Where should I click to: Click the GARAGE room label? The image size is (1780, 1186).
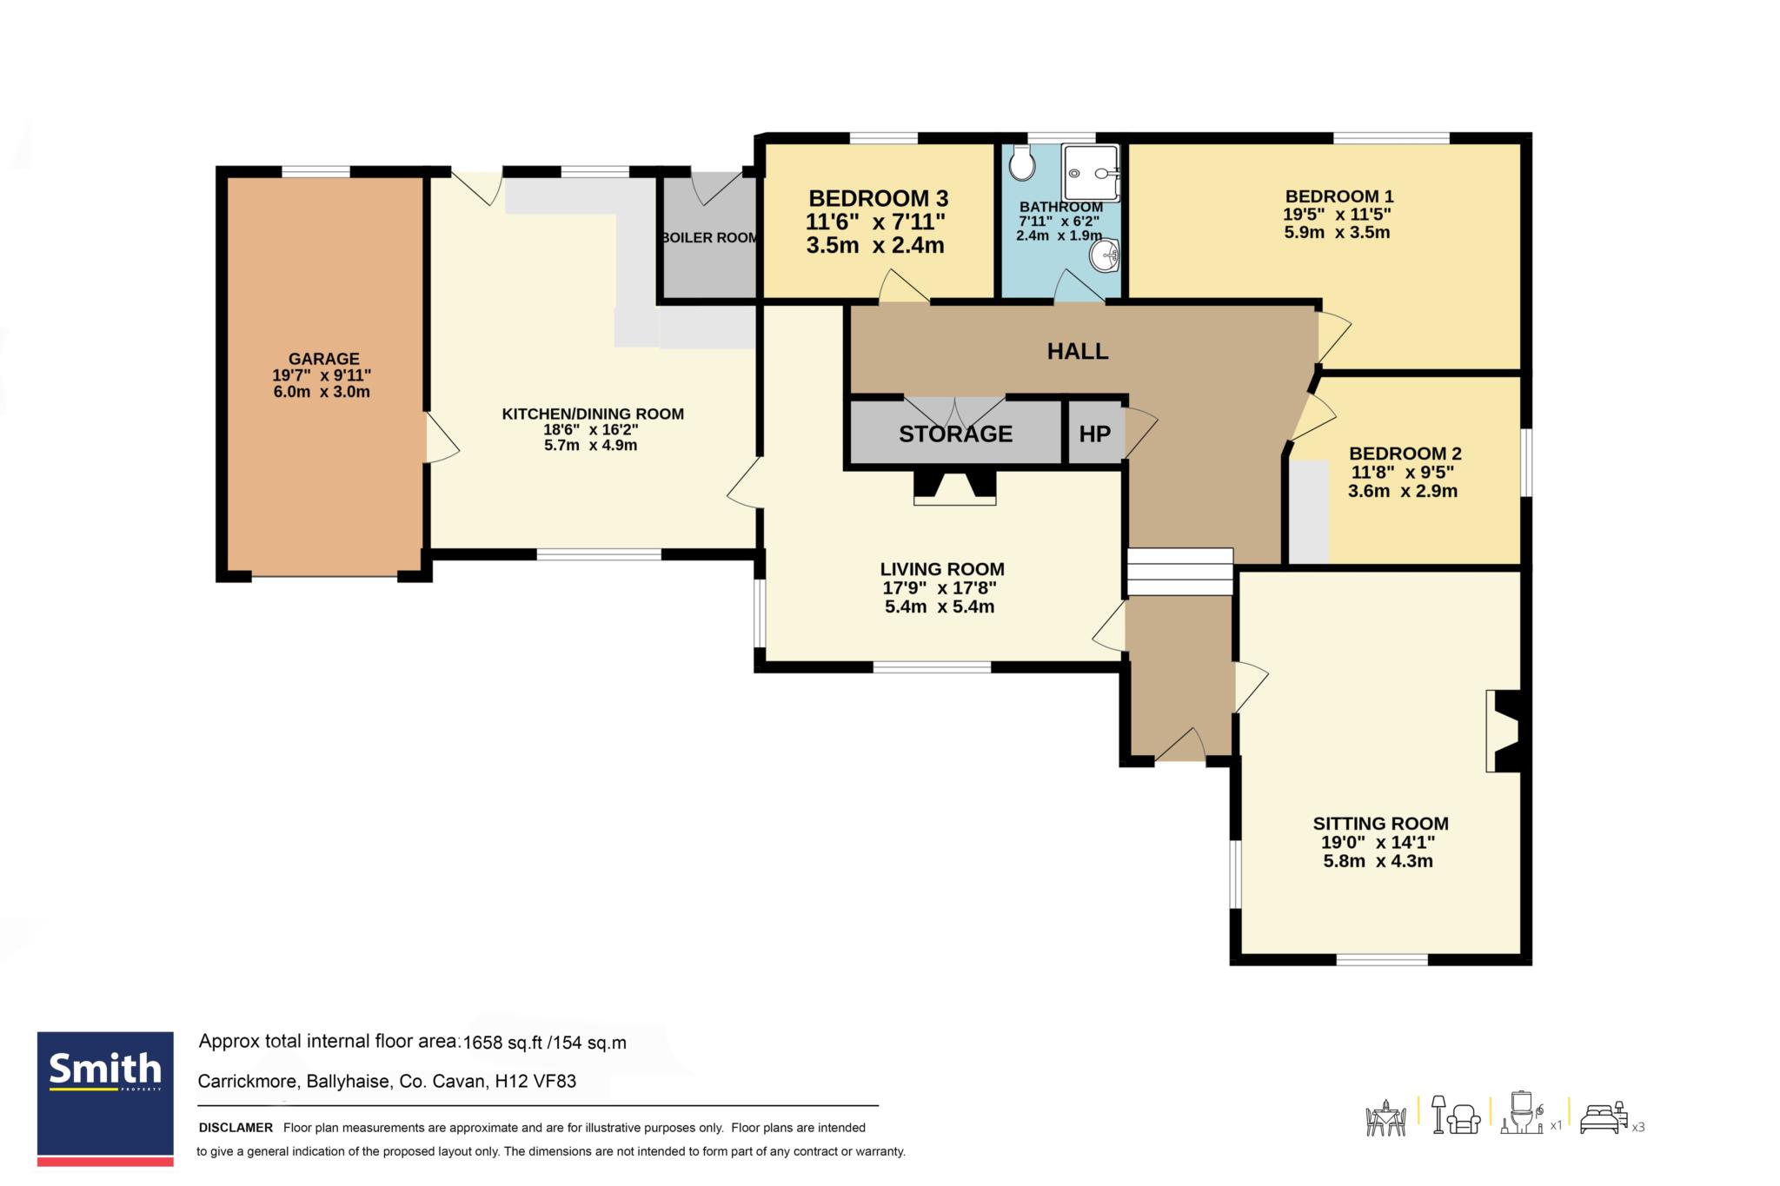coord(323,359)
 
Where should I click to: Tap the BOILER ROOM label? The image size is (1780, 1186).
coord(709,238)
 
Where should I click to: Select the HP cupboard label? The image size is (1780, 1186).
coord(1094,434)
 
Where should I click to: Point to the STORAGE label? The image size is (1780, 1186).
coord(955,434)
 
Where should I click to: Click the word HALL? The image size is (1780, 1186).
coord(1078,351)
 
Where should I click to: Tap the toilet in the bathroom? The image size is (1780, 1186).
coord(1022,162)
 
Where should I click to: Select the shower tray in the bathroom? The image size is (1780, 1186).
coord(1090,173)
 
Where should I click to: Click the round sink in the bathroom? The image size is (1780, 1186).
coord(1104,255)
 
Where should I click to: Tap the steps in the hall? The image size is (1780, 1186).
coord(1179,572)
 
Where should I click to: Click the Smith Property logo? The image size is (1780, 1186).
coord(105,1098)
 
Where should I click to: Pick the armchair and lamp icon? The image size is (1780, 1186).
coord(1456,1115)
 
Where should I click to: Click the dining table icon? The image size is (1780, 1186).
coord(1386,1118)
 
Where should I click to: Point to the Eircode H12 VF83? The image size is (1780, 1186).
coord(535,1082)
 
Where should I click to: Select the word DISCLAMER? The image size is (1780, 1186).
coord(236,1128)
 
